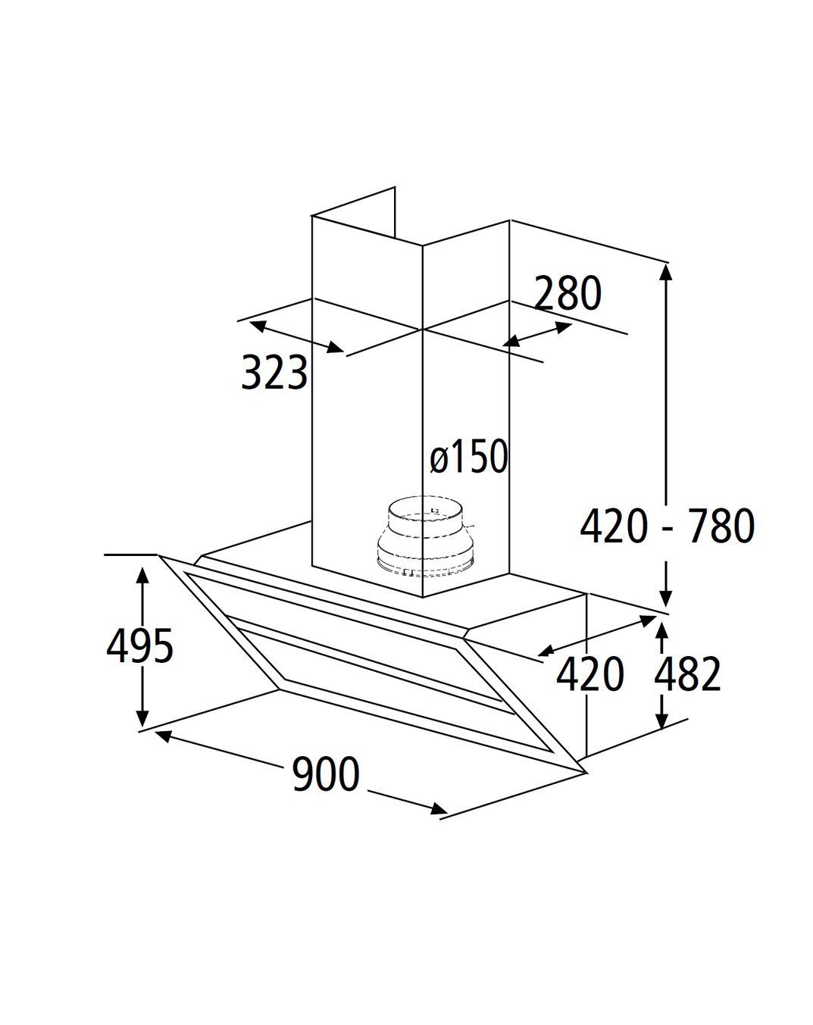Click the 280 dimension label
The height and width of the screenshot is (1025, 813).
coord(568,292)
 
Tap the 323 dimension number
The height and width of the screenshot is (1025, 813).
coord(274,372)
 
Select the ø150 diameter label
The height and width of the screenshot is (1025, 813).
coord(469,456)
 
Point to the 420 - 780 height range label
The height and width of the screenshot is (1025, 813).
coord(668,526)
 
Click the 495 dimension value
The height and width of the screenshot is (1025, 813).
coord(139,646)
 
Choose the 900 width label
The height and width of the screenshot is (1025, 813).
coord(326,773)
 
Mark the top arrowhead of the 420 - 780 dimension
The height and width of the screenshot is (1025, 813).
coord(666,270)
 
